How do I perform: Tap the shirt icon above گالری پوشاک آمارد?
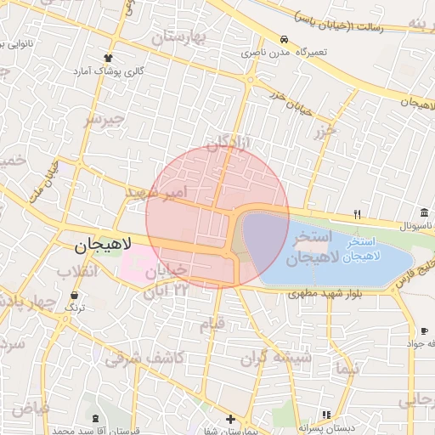(x=107, y=58)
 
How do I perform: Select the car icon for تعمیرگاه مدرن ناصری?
(x=283, y=39)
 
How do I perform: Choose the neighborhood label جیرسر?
(x=104, y=119)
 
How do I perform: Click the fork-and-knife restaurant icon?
(x=358, y=214)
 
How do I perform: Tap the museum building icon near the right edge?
(x=424, y=212)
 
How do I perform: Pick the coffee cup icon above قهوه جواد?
(x=423, y=330)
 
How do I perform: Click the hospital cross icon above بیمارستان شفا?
(x=231, y=419)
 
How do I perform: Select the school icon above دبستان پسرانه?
(x=325, y=415)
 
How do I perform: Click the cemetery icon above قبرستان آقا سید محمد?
(x=93, y=418)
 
